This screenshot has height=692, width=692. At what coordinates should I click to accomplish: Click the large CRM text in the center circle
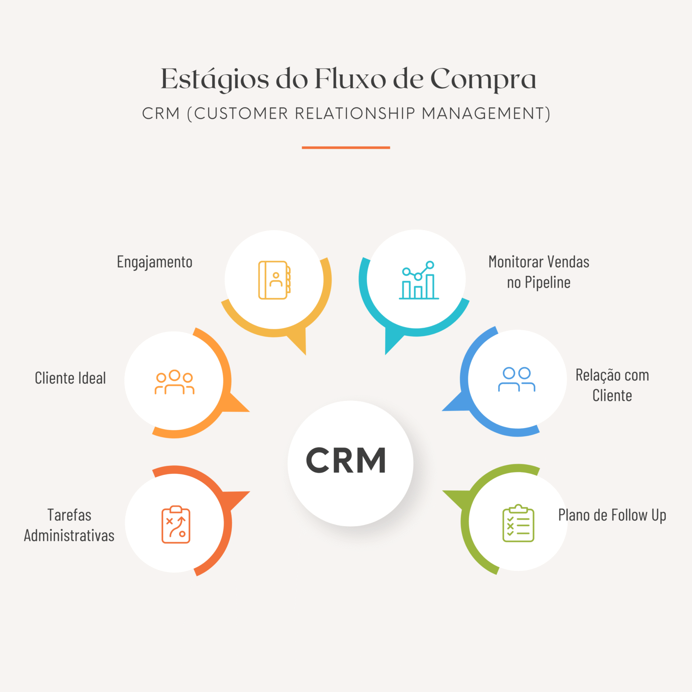346,460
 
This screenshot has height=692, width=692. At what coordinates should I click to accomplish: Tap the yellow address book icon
274,280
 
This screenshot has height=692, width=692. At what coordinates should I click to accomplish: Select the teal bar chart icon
419,280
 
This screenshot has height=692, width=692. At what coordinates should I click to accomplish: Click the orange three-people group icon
174,382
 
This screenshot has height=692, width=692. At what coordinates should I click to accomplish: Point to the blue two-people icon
517,379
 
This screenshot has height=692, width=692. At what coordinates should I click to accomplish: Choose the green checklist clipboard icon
519,523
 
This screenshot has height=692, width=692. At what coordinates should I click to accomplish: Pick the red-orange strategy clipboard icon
176,524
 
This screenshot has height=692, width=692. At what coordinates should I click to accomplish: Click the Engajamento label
155,262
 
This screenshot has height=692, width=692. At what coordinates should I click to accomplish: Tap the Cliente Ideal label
70,378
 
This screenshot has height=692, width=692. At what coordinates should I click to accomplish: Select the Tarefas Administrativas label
69,525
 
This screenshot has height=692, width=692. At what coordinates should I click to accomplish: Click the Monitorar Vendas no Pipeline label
539,272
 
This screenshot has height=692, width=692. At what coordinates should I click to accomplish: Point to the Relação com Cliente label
612,385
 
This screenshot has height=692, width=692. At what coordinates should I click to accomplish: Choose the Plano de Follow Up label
612,515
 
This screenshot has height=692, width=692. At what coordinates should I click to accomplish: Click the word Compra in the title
483,80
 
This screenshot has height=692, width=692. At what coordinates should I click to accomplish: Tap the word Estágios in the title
215,80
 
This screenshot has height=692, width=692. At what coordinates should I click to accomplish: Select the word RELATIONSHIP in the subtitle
355,114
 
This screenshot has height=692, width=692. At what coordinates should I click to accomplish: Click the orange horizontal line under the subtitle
346,147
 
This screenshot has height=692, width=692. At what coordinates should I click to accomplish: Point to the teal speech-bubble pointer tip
386,355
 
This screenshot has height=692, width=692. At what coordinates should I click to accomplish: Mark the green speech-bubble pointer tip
443,491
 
